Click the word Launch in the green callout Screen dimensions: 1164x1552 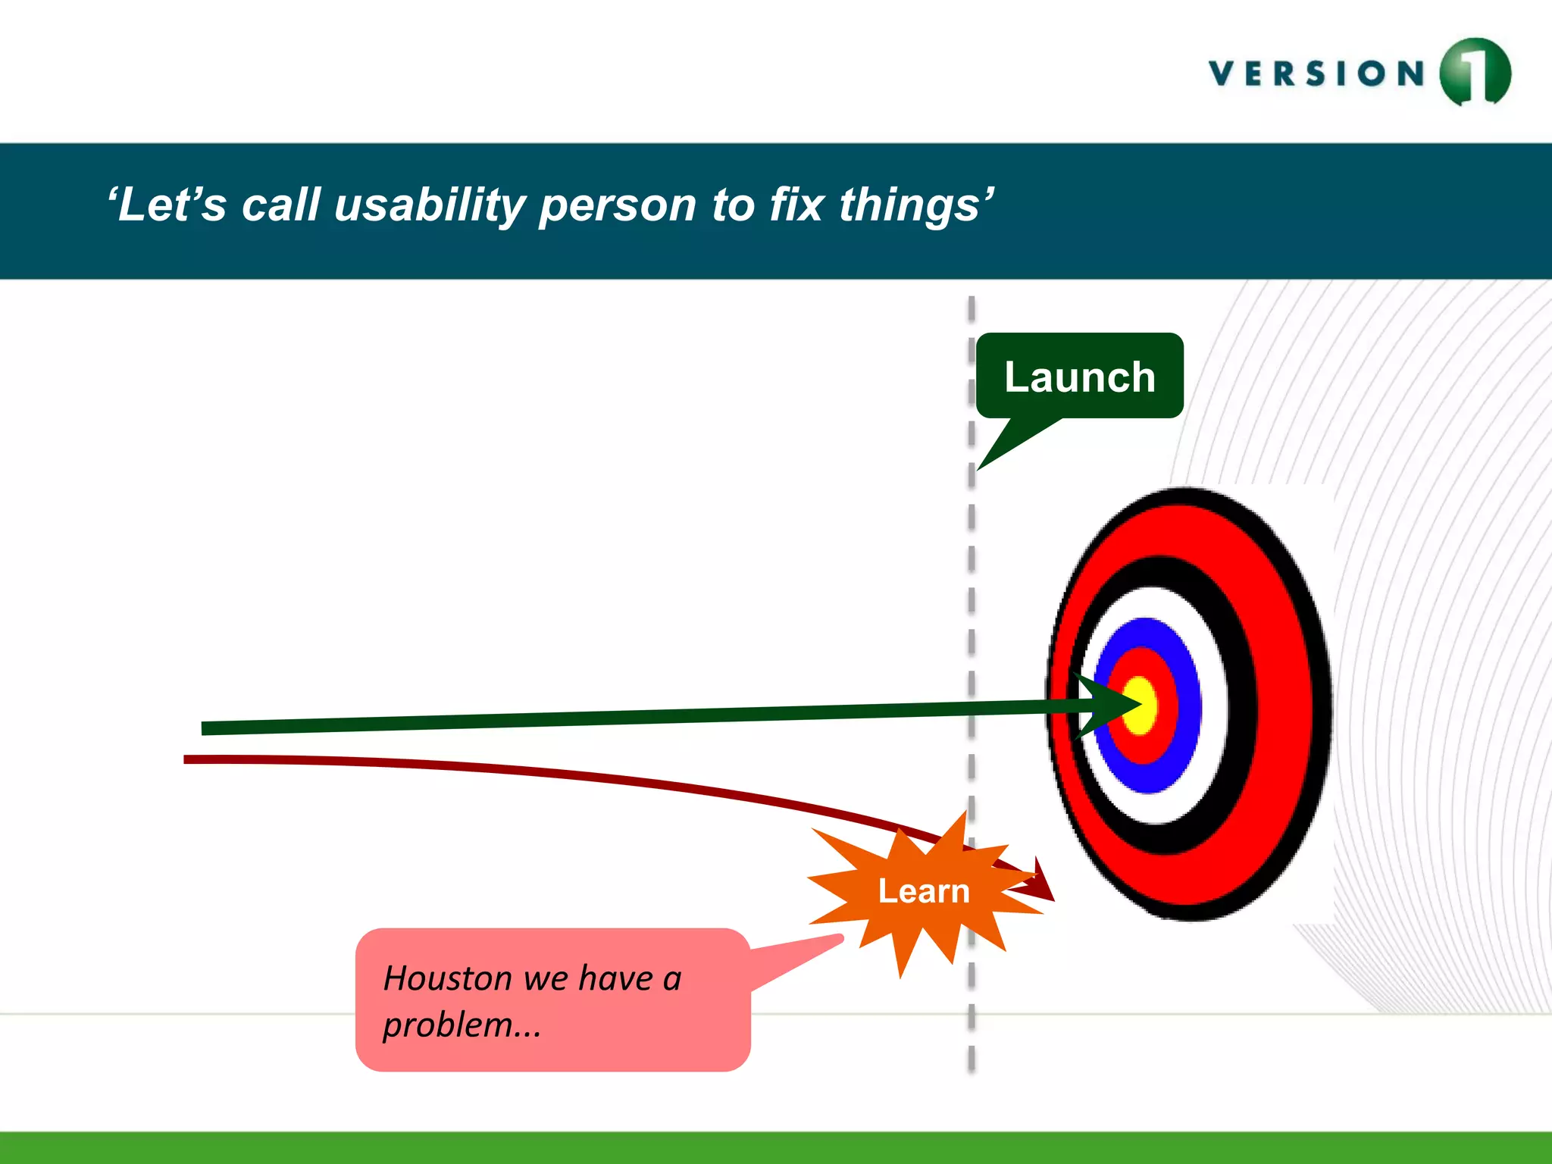pos(1079,377)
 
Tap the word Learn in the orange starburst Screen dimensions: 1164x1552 pos(923,891)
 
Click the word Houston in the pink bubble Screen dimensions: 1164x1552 pos(448,978)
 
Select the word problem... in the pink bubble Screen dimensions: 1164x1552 pos(462,1025)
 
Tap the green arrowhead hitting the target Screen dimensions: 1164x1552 pos(1107,706)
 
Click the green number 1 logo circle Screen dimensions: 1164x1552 pos(1475,72)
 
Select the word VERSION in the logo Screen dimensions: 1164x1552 pos(1317,74)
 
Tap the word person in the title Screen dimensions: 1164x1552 pos(618,205)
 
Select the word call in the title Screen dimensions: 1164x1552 pos(280,205)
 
